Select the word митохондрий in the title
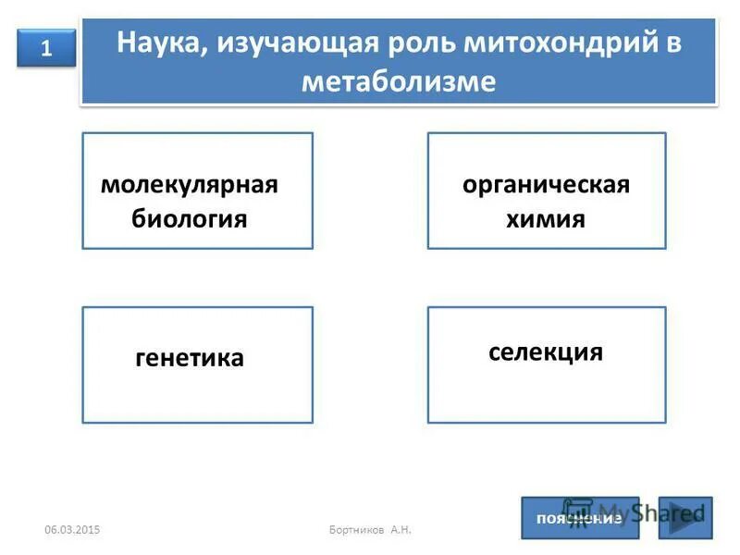(x=557, y=44)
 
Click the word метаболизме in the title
(x=399, y=81)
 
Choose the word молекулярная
(x=190, y=184)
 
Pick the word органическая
(x=546, y=184)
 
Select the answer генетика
(x=190, y=358)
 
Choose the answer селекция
(x=546, y=352)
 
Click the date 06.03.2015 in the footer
(x=73, y=528)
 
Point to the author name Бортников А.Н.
(x=370, y=528)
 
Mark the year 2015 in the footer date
(x=89, y=528)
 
